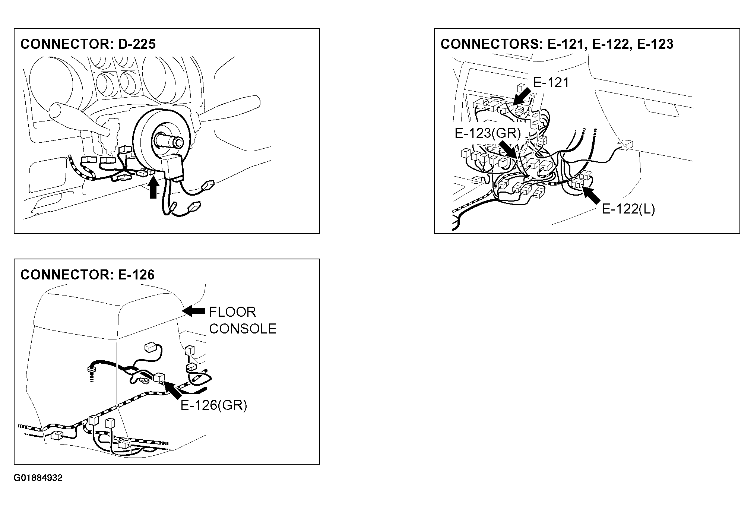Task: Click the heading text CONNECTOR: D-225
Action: coord(88,44)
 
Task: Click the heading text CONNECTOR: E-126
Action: coord(88,275)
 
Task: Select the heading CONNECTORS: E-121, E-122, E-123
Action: coord(557,44)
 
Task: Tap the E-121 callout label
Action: coord(551,82)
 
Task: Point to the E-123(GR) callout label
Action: coord(487,133)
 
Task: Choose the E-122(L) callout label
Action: coord(628,209)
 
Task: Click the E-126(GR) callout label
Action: coord(214,405)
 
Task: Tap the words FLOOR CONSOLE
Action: coord(243,320)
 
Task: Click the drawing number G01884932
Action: coord(38,478)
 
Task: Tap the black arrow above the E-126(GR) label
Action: coord(172,389)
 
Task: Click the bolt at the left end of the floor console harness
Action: coord(91,371)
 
